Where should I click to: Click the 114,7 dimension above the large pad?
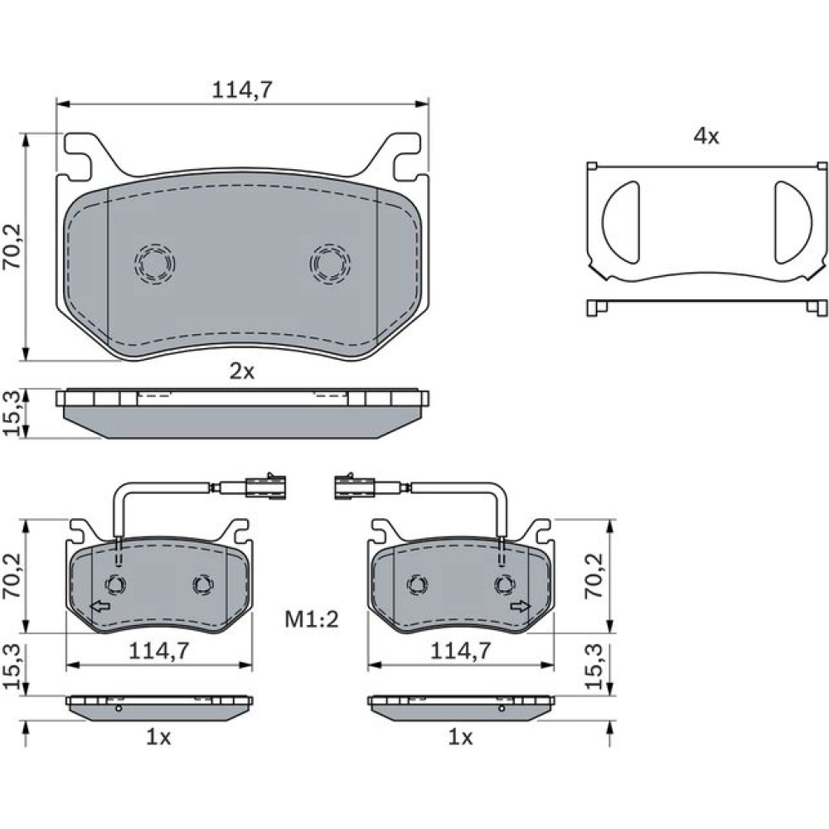[x=242, y=90]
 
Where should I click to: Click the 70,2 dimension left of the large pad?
[x=12, y=246]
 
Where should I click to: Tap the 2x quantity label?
[x=242, y=371]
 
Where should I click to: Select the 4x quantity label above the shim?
[x=706, y=137]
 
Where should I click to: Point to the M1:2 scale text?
[x=312, y=619]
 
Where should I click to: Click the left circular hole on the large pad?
[x=154, y=263]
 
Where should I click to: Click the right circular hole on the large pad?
[x=330, y=263]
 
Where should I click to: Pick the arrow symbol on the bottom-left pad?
[x=100, y=607]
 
